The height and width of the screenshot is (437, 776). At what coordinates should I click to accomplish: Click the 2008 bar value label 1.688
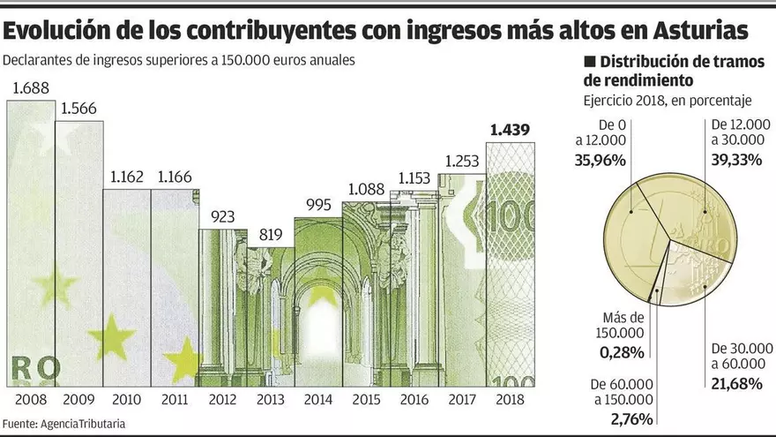tap(32, 87)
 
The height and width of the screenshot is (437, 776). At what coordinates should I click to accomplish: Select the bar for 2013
tap(270, 317)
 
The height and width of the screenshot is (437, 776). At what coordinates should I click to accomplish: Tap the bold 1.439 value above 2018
tap(510, 131)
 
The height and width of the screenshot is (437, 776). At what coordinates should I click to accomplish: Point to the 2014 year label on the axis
tap(317, 399)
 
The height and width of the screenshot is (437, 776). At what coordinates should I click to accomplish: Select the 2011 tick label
tap(175, 399)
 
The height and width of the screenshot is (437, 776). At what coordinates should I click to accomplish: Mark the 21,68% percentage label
tap(736, 382)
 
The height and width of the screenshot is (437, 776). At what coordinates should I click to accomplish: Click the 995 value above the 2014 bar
tap(317, 206)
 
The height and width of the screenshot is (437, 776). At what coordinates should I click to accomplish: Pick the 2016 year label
tap(414, 399)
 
